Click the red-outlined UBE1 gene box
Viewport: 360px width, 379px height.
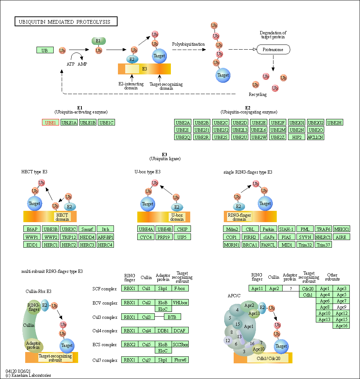pos(50,123)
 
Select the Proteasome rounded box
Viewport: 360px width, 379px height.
pos(273,50)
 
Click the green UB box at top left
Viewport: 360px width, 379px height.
pos(45,50)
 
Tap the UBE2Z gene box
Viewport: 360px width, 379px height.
pos(278,137)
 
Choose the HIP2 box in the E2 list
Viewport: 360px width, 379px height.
pos(297,137)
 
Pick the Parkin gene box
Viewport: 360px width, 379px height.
pos(268,229)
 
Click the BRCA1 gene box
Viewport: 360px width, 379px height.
pos(250,245)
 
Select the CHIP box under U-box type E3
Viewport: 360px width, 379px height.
pos(182,229)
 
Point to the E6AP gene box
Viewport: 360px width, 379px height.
pos(32,229)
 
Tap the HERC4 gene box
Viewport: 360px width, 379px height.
pos(105,245)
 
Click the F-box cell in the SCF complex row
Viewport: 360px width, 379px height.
pos(180,289)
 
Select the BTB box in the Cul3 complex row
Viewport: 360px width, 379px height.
pos(172,317)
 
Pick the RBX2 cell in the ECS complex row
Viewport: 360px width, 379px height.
pos(130,344)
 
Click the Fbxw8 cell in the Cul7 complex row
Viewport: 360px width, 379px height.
pos(180,360)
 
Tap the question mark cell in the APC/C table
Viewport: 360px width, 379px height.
pos(291,289)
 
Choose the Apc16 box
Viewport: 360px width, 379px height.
pos(341,326)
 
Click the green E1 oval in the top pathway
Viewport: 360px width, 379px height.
pos(99,41)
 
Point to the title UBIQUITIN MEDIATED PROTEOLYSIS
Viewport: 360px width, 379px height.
pos(65,22)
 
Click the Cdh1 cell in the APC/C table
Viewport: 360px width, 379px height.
pos(308,295)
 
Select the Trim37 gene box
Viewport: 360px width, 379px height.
pos(323,245)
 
